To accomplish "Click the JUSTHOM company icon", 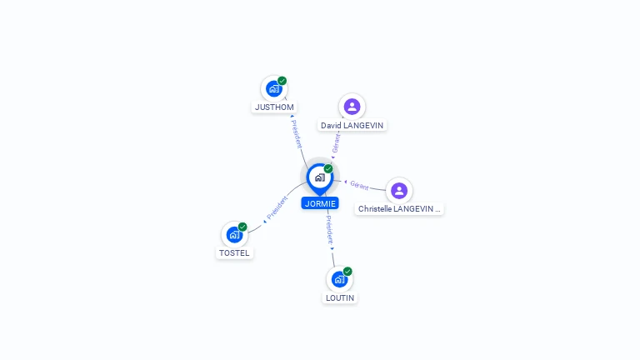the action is pyautogui.click(x=274, y=88).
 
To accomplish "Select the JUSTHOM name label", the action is pyautogui.click(x=274, y=107).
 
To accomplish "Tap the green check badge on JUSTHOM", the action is pyautogui.click(x=282, y=81).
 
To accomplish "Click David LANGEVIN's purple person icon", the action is pyautogui.click(x=352, y=107).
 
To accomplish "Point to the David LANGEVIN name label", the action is pyautogui.click(x=352, y=125).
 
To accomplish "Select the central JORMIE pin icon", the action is pyautogui.click(x=320, y=179).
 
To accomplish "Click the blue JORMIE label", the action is pyautogui.click(x=320, y=203).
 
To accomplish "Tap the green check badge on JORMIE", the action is pyautogui.click(x=328, y=168).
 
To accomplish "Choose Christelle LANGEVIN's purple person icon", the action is pyautogui.click(x=399, y=191).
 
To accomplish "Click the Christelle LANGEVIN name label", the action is pyautogui.click(x=399, y=209).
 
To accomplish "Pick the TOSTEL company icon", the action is pyautogui.click(x=234, y=235).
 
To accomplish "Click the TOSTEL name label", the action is pyautogui.click(x=234, y=253).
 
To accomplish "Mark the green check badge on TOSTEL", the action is pyautogui.click(x=242, y=227).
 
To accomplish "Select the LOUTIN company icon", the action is pyautogui.click(x=340, y=279).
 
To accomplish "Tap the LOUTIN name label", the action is pyautogui.click(x=340, y=298).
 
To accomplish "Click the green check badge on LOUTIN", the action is pyautogui.click(x=347, y=272).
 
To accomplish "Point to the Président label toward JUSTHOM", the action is pyautogui.click(x=297, y=134).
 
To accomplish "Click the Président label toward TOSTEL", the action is pyautogui.click(x=277, y=207).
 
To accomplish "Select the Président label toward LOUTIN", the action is pyautogui.click(x=329, y=230).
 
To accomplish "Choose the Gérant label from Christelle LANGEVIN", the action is pyautogui.click(x=359, y=186).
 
